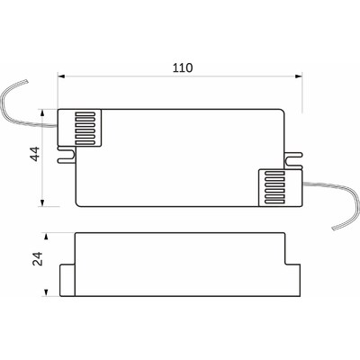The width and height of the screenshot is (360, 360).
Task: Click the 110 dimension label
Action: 183,67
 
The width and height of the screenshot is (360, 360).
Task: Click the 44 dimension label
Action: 36,154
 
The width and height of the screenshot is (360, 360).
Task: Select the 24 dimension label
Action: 38,258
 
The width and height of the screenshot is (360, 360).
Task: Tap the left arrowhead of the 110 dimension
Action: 61,76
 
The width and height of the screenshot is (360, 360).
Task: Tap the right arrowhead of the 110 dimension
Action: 298,76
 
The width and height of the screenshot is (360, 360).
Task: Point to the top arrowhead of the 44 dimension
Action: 42,113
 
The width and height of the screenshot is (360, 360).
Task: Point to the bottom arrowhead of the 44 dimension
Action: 42,202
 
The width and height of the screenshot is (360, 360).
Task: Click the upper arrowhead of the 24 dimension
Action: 46,237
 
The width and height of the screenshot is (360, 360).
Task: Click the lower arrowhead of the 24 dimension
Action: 46,292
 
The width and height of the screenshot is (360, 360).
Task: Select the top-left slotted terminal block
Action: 79,128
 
